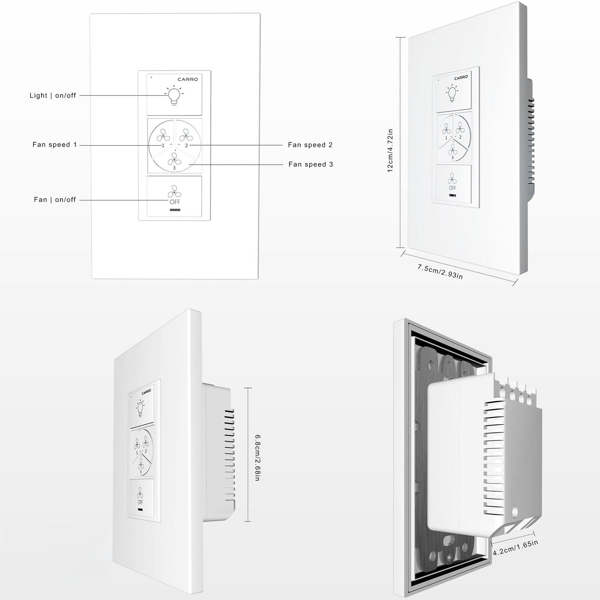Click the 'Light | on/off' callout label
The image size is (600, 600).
point(53,96)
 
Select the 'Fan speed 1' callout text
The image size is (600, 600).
point(54,145)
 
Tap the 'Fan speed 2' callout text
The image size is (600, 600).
point(310,145)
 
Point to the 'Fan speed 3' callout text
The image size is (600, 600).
point(310,164)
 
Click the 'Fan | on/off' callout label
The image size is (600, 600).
point(55,200)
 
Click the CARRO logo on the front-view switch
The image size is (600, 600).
point(188,79)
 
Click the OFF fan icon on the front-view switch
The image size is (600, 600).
point(174,195)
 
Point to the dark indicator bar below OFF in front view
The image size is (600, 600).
point(175,210)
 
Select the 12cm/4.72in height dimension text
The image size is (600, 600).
point(390,150)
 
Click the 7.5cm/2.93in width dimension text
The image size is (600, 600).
point(440,272)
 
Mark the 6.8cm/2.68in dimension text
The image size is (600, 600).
point(258,458)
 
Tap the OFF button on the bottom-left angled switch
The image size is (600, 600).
point(140,498)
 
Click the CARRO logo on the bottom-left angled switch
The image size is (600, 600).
point(146,392)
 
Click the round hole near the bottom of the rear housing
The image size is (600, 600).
point(515,511)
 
